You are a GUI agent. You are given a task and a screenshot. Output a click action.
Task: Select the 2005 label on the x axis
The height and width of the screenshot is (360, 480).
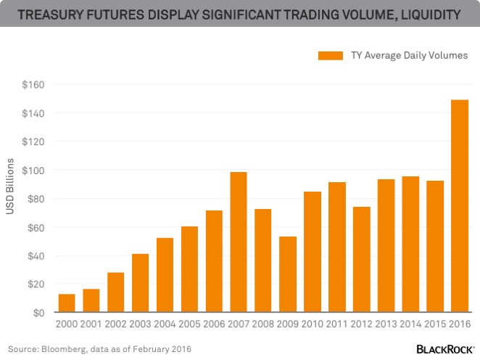point(189,324)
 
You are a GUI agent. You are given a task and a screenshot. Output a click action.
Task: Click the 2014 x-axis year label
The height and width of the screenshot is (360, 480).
point(410,324)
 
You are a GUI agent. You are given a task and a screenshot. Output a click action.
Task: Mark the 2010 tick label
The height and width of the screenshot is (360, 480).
point(313,324)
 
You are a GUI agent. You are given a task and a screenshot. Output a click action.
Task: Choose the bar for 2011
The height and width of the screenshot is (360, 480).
point(337,247)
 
